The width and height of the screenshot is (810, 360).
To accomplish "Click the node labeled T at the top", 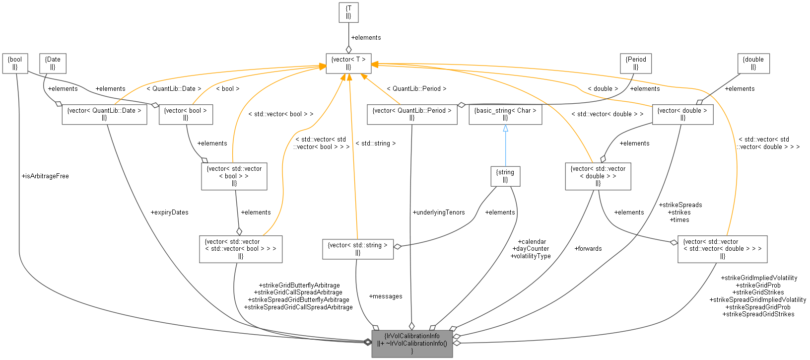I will pyautogui.click(x=348, y=12).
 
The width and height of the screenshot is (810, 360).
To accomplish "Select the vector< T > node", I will pyautogui.click(x=348, y=63).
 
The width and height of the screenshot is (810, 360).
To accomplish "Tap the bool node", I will pyautogui.click(x=15, y=63).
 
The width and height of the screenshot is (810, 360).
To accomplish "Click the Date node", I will pyautogui.click(x=53, y=63).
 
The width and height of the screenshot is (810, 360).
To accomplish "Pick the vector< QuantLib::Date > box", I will pyautogui.click(x=104, y=114).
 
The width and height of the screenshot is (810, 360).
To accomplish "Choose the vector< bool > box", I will pyautogui.click(x=186, y=114).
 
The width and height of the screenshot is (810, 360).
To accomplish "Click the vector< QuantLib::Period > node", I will pyautogui.click(x=412, y=114).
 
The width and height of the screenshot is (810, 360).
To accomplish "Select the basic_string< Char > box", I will pyautogui.click(x=505, y=114).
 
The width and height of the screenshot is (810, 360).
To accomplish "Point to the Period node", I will pyautogui.click(x=636, y=63).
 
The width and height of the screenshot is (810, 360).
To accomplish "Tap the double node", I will pyautogui.click(x=753, y=63).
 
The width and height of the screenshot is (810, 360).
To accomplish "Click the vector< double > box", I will pyautogui.click(x=682, y=114).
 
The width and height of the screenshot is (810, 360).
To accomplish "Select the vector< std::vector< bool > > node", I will pyautogui.click(x=234, y=176).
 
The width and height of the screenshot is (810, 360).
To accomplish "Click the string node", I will pyautogui.click(x=505, y=176).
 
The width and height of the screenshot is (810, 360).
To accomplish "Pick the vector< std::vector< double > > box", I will pyautogui.click(x=598, y=176).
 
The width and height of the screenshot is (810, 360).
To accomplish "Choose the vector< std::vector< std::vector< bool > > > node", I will pyautogui.click(x=241, y=249).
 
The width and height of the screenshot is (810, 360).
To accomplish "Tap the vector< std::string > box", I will pyautogui.click(x=358, y=249).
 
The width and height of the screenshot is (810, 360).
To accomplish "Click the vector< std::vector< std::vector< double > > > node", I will pyautogui.click(x=722, y=249).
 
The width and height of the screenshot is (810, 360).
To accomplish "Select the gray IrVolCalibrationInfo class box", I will pyautogui.click(x=412, y=343).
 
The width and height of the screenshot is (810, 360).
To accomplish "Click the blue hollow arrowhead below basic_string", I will pyautogui.click(x=505, y=129).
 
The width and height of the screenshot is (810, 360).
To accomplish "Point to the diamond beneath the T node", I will pyautogui.click(x=348, y=49).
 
